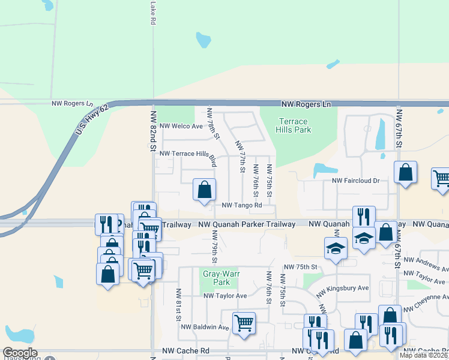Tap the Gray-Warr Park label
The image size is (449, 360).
pos(216,277)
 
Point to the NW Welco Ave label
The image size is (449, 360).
pos(181,126)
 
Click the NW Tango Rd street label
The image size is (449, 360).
pos(242,205)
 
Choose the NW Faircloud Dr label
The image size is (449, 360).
pos(356,181)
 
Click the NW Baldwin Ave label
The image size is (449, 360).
pos(205,327)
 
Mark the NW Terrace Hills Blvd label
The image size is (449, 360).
pos(187,154)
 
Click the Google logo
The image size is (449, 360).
pos(20,353)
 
